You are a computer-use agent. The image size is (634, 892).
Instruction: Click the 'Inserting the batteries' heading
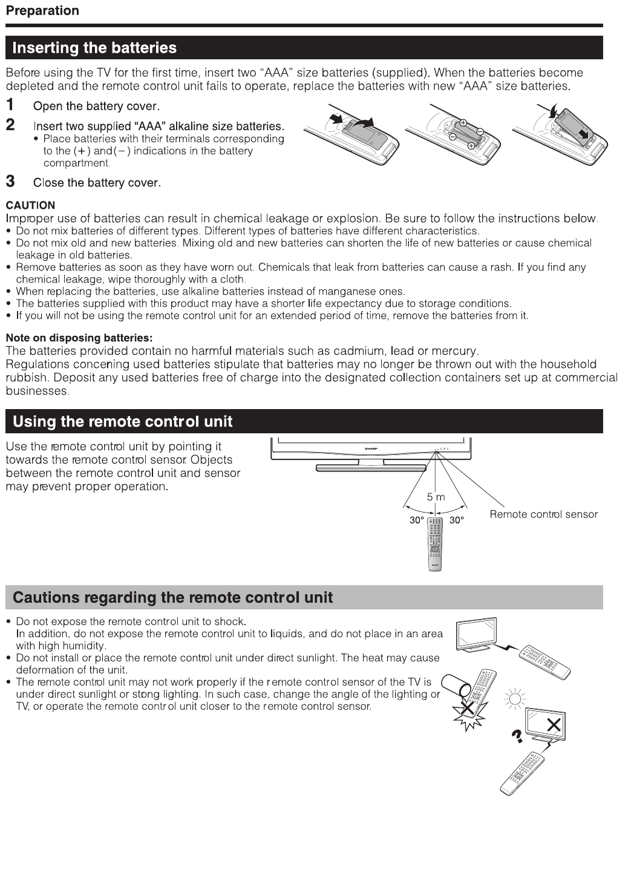click(94, 48)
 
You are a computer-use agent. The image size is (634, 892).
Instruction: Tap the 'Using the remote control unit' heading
click(122, 421)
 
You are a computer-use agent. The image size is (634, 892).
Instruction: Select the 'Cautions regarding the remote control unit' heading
click(172, 597)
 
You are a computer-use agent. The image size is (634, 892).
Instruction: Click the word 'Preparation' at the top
click(42, 11)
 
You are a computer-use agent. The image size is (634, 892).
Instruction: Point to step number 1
click(10, 105)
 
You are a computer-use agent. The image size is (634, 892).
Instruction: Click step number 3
click(10, 181)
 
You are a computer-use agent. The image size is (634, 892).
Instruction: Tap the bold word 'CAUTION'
click(30, 205)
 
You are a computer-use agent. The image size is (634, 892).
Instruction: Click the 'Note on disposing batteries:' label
click(79, 338)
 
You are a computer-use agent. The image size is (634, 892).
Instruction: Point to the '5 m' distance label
click(436, 497)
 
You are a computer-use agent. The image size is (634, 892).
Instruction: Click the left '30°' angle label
click(416, 520)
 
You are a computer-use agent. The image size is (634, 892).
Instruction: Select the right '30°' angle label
click(456, 520)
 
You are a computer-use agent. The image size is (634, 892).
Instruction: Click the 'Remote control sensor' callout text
click(543, 514)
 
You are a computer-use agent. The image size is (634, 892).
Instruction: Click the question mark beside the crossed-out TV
click(517, 736)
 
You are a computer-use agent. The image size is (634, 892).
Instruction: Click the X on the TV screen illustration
click(553, 724)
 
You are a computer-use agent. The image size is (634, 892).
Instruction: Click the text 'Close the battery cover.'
click(97, 183)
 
